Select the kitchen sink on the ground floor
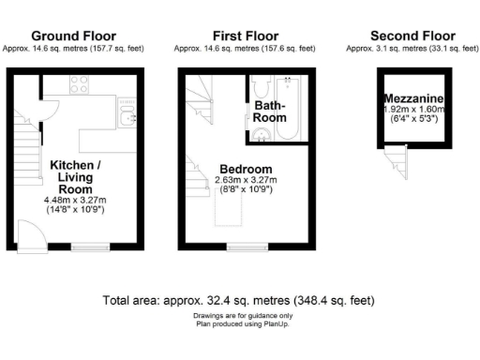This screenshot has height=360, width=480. tap(127, 116)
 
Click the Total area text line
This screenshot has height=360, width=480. tap(239, 301)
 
